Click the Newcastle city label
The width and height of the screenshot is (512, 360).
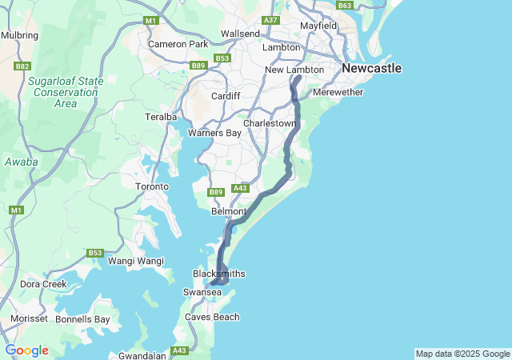pyautogui.click(x=371, y=69)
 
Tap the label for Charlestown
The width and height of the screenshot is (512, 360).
pyautogui.click(x=270, y=124)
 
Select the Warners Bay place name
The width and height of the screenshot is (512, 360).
pyautogui.click(x=214, y=133)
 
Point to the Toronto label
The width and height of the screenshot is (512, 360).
pyautogui.click(x=152, y=186)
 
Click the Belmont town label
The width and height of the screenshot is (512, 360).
pyautogui.click(x=229, y=212)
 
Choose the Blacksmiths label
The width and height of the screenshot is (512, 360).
pyautogui.click(x=219, y=274)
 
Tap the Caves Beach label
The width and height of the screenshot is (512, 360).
pyautogui.click(x=212, y=317)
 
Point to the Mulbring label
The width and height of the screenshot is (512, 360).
pyautogui.click(x=20, y=35)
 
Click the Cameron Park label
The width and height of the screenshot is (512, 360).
pyautogui.click(x=178, y=44)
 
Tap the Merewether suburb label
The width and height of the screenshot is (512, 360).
pyautogui.click(x=338, y=93)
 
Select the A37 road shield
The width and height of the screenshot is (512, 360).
pyautogui.click(x=270, y=20)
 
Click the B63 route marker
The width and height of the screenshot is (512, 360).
pyautogui.click(x=345, y=6)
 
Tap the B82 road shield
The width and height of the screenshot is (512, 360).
pyautogui.click(x=22, y=66)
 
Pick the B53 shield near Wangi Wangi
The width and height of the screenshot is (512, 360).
pyautogui.click(x=95, y=253)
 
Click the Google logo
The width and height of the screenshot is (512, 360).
pyautogui.click(x=26, y=350)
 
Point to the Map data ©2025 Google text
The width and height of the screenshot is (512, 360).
pyautogui.click(x=462, y=354)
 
